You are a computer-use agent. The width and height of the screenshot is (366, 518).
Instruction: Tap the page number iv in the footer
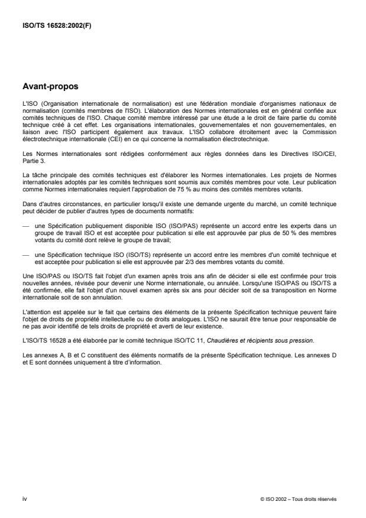[25, 499]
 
